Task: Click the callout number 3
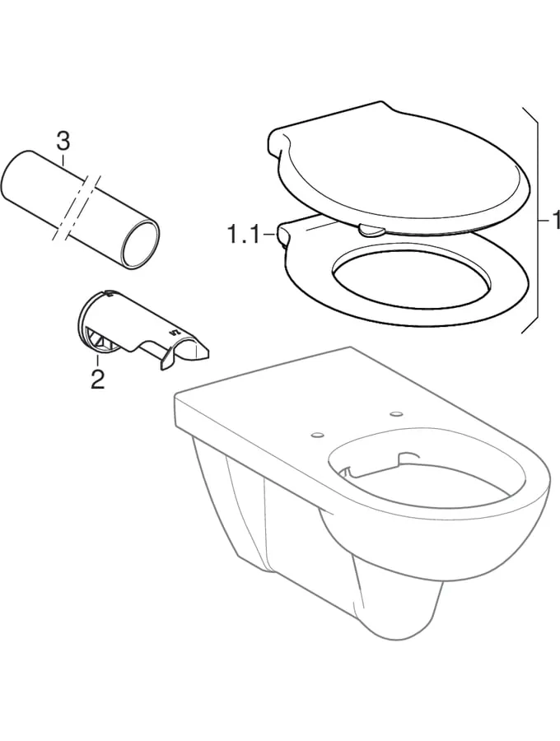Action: pyautogui.click(x=63, y=142)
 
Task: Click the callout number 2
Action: pyautogui.click(x=97, y=380)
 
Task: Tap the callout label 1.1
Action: pyautogui.click(x=244, y=235)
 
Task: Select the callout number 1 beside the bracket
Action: pyautogui.click(x=555, y=220)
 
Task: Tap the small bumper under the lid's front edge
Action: pyautogui.click(x=372, y=231)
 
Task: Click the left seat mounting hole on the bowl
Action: pyautogui.click(x=318, y=433)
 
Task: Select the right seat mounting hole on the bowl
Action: pyautogui.click(x=396, y=414)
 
